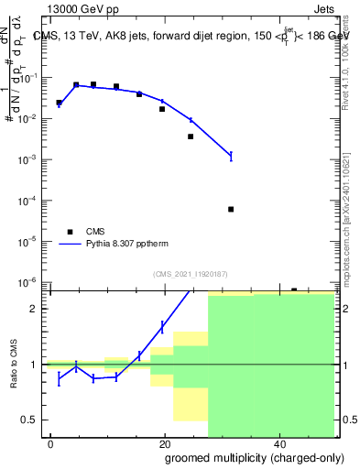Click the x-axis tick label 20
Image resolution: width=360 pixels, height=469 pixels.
[164, 443]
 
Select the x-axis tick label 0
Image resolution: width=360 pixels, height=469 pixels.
[50, 443]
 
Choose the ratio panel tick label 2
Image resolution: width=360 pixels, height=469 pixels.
[39, 309]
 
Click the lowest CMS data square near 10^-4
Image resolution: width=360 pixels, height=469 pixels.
[231, 209]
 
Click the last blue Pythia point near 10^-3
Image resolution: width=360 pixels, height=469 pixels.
[231, 156]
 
